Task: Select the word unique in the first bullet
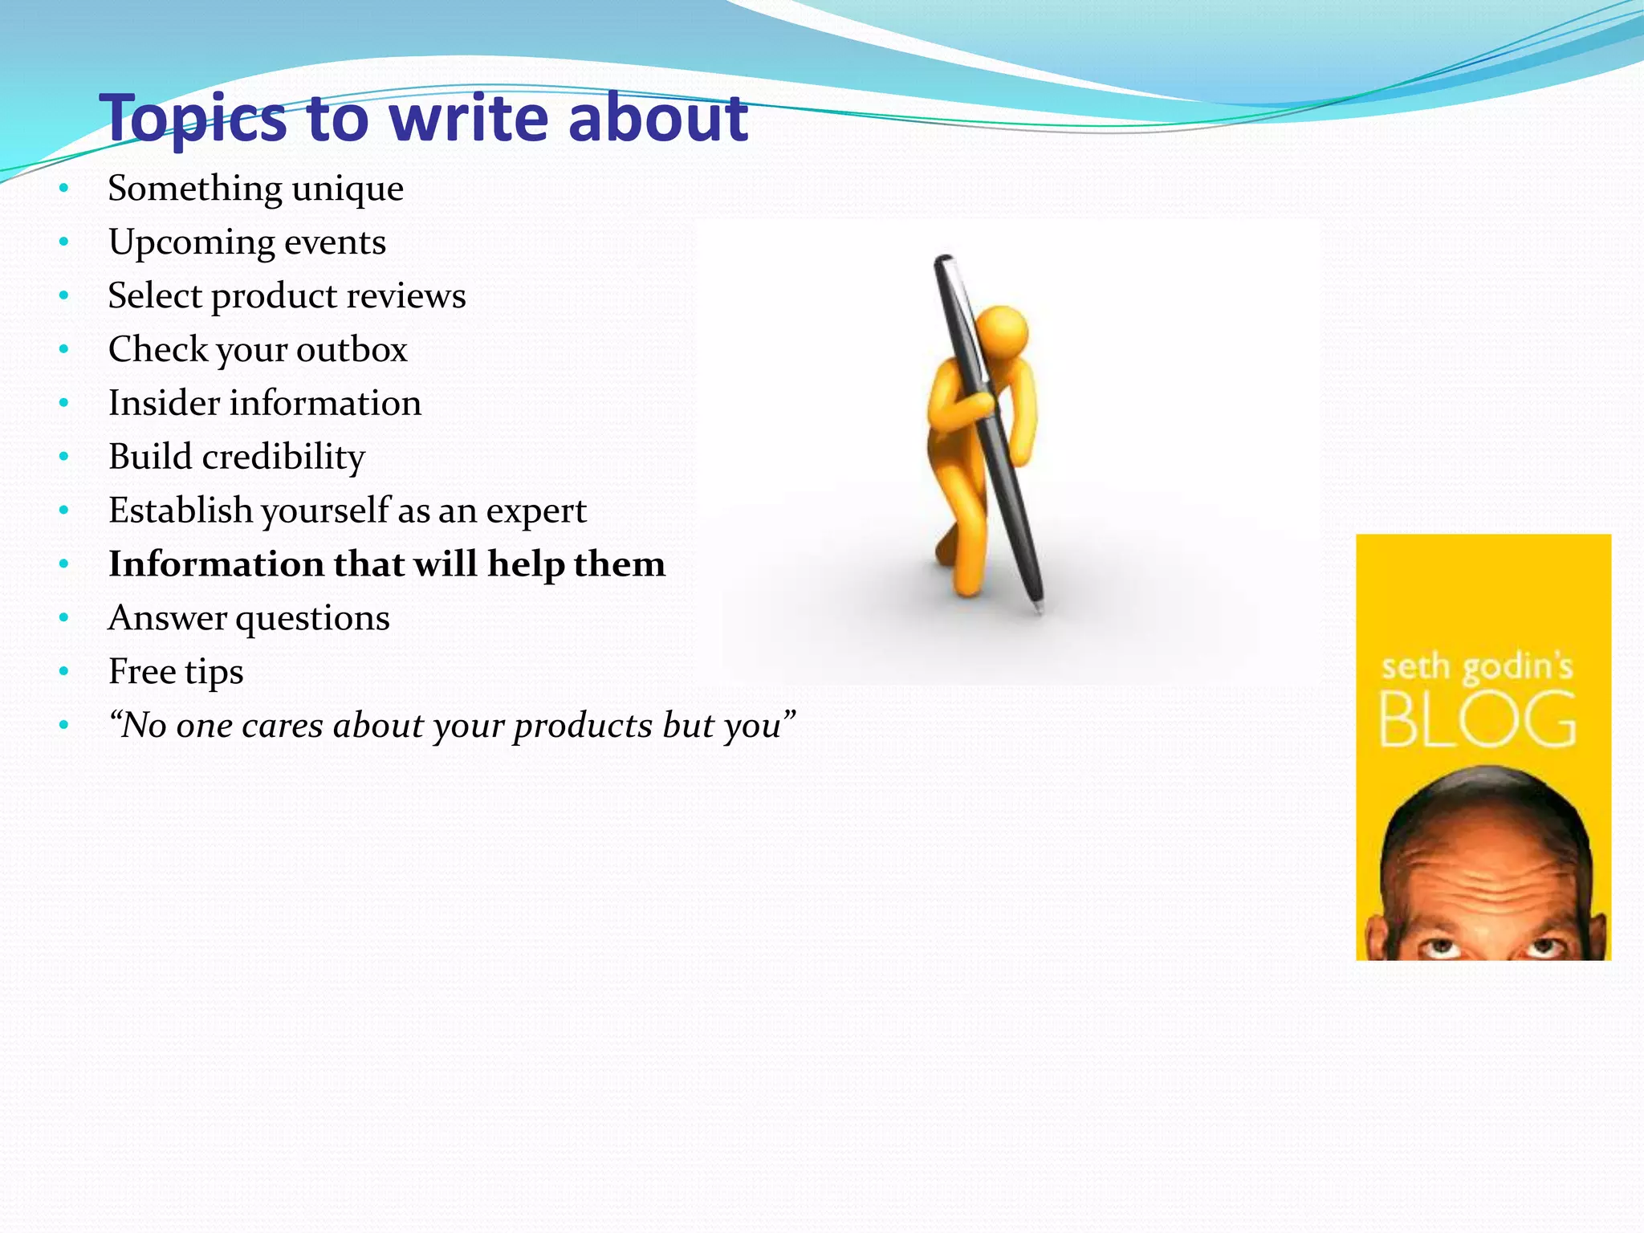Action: [348, 189]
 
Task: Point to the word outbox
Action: [352, 350]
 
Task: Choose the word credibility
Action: [283, 458]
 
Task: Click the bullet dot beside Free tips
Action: [64, 672]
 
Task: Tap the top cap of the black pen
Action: [943, 261]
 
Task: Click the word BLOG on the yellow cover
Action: [1477, 720]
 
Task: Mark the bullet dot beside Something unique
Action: [64, 189]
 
